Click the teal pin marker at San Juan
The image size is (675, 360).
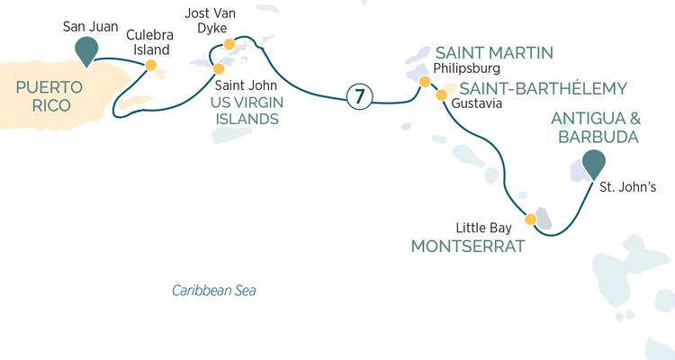[86, 50]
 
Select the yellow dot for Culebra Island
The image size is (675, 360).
[151, 65]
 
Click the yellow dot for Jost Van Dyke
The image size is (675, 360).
[229, 43]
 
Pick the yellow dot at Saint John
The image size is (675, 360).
[219, 68]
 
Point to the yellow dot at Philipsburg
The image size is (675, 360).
[424, 82]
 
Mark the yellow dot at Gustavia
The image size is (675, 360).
[441, 94]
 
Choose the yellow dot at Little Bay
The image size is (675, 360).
[530, 220]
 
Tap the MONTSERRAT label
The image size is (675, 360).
[467, 245]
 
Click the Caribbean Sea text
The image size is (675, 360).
[214, 291]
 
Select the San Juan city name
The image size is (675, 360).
[86, 27]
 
